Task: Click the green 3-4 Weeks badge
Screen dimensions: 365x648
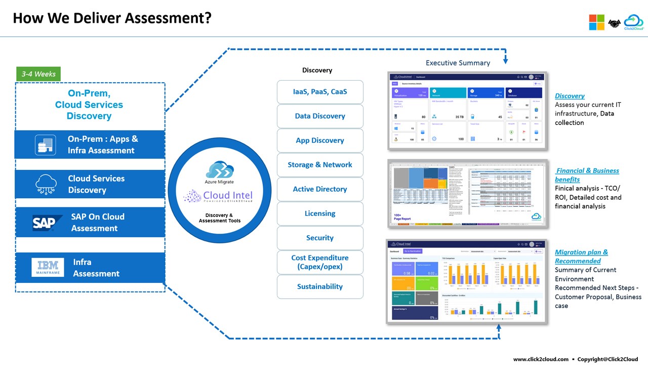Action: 38,74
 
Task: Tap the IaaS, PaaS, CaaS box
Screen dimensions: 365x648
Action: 320,92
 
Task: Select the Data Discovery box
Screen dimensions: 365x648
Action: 320,116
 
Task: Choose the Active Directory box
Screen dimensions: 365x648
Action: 320,189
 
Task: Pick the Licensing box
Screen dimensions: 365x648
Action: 320,213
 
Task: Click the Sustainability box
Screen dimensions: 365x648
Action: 320,286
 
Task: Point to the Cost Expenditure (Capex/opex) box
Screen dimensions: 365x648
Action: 320,262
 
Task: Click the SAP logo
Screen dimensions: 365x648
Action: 47,223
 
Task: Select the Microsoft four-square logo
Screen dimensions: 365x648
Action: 596,22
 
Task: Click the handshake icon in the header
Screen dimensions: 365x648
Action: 614,23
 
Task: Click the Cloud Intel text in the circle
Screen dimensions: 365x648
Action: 227,196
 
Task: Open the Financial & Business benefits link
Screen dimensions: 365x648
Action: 587,175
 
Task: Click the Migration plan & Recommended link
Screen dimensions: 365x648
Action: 581,257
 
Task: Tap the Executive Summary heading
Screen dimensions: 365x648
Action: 458,63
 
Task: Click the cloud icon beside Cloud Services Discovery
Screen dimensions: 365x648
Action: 46,184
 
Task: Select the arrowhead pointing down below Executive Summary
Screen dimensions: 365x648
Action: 505,61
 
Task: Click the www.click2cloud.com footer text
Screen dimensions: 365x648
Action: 541,359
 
